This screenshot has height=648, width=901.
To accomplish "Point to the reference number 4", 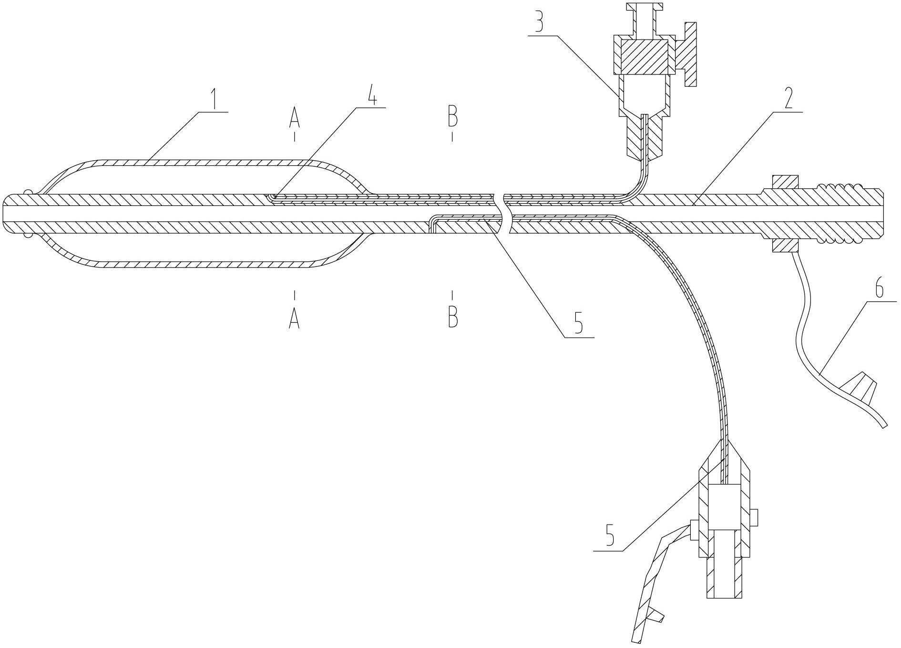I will click(x=372, y=97).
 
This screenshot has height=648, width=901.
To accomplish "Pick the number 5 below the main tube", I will click(x=579, y=324).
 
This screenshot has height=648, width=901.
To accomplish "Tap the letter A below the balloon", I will click(x=294, y=317).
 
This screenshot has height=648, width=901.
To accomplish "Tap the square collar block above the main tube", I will click(x=784, y=182).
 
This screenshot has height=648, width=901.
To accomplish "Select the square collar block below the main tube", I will click(x=784, y=245).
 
